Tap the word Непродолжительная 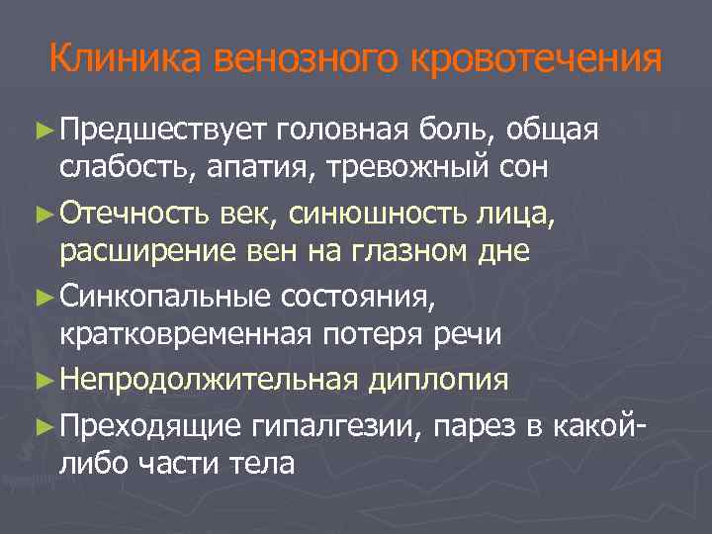coord(208,379)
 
